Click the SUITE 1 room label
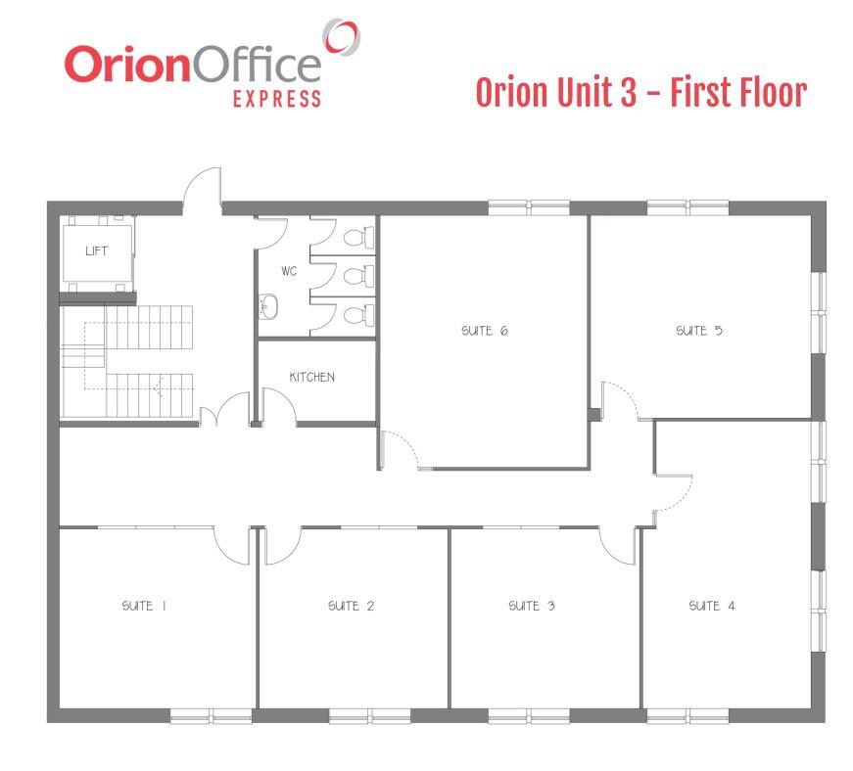[x=144, y=606]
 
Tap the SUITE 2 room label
[x=351, y=606]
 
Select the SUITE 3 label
[x=532, y=606]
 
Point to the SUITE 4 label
[x=712, y=606]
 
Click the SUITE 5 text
[x=699, y=331]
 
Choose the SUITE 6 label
[x=485, y=331]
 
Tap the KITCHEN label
[x=311, y=377]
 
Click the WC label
[x=289, y=271]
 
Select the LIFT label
[x=96, y=250]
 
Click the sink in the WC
[x=268, y=306]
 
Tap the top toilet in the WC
[x=359, y=237]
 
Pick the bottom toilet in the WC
[x=359, y=315]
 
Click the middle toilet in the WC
[x=359, y=276]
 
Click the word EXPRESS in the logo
[x=277, y=99]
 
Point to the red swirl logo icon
[x=341, y=36]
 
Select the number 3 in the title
[x=628, y=92]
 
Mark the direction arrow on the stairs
[x=159, y=387]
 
